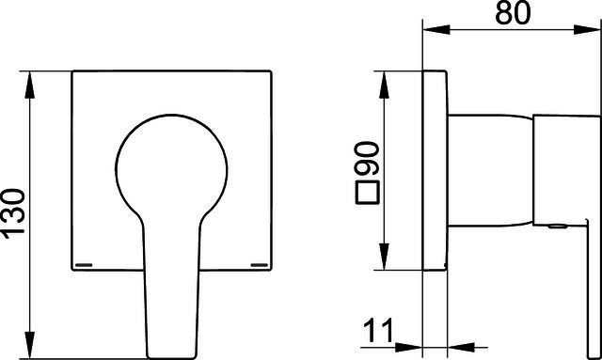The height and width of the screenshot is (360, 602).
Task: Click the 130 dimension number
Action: [14, 213]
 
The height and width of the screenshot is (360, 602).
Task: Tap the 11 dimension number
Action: [378, 331]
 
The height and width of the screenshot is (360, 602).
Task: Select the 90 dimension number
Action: [368, 159]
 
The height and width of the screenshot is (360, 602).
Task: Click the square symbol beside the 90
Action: [368, 192]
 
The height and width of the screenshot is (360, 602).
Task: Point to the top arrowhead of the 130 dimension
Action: [29, 85]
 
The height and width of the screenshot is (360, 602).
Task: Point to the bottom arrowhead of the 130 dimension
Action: [29, 345]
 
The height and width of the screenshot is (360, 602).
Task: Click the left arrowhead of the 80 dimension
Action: [436, 29]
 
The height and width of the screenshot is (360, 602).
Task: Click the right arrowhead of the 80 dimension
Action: [587, 29]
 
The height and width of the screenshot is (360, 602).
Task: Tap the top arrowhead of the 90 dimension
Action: [384, 85]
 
